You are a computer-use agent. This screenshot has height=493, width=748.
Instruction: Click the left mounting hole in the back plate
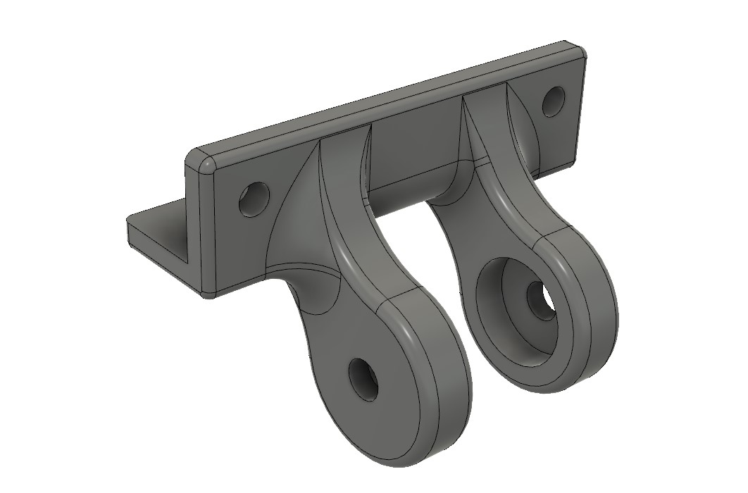(254, 199)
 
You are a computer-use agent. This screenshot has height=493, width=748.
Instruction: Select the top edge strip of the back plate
(387, 102)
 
